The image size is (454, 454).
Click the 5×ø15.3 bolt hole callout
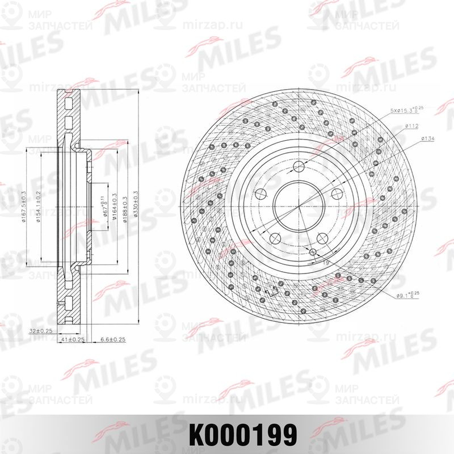click(x=405, y=109)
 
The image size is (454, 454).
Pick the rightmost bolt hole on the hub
click(x=336, y=193)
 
